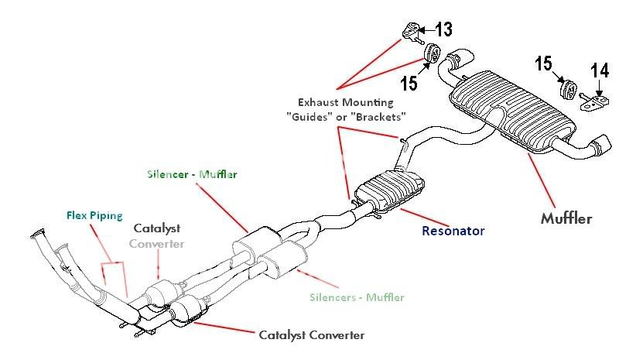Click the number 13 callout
(443, 29)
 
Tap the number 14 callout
(600, 71)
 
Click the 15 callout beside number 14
(543, 63)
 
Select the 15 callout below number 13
(409, 83)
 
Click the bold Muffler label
(566, 218)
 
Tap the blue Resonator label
(453, 231)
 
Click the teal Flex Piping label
(94, 216)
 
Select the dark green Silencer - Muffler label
(192, 174)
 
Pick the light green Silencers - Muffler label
(357, 297)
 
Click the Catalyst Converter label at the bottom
(312, 335)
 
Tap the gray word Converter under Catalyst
(157, 244)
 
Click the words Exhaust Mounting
(346, 102)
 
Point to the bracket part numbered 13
(412, 32)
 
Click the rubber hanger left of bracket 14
(568, 89)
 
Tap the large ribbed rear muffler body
(512, 111)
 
